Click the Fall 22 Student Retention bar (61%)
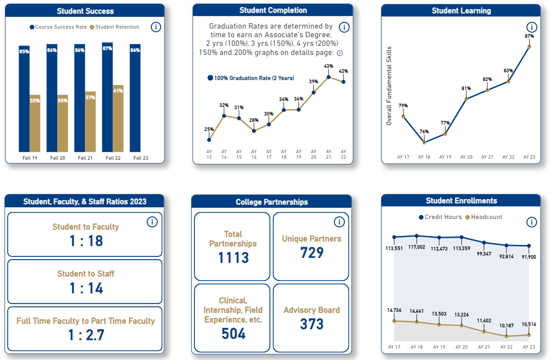(118, 118)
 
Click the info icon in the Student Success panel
(155, 27)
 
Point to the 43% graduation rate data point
(328, 77)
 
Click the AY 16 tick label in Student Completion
(254, 154)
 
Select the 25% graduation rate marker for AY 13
(209, 140)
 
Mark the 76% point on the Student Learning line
(424, 142)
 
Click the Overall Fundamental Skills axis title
(389, 86)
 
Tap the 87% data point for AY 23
(529, 47)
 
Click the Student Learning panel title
(461, 11)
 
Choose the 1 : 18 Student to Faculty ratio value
(86, 240)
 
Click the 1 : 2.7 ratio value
(86, 335)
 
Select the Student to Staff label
(86, 274)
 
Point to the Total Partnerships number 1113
(233, 258)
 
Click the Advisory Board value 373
(312, 324)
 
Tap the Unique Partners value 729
(312, 253)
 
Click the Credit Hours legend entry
(440, 217)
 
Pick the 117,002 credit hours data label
(417, 247)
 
